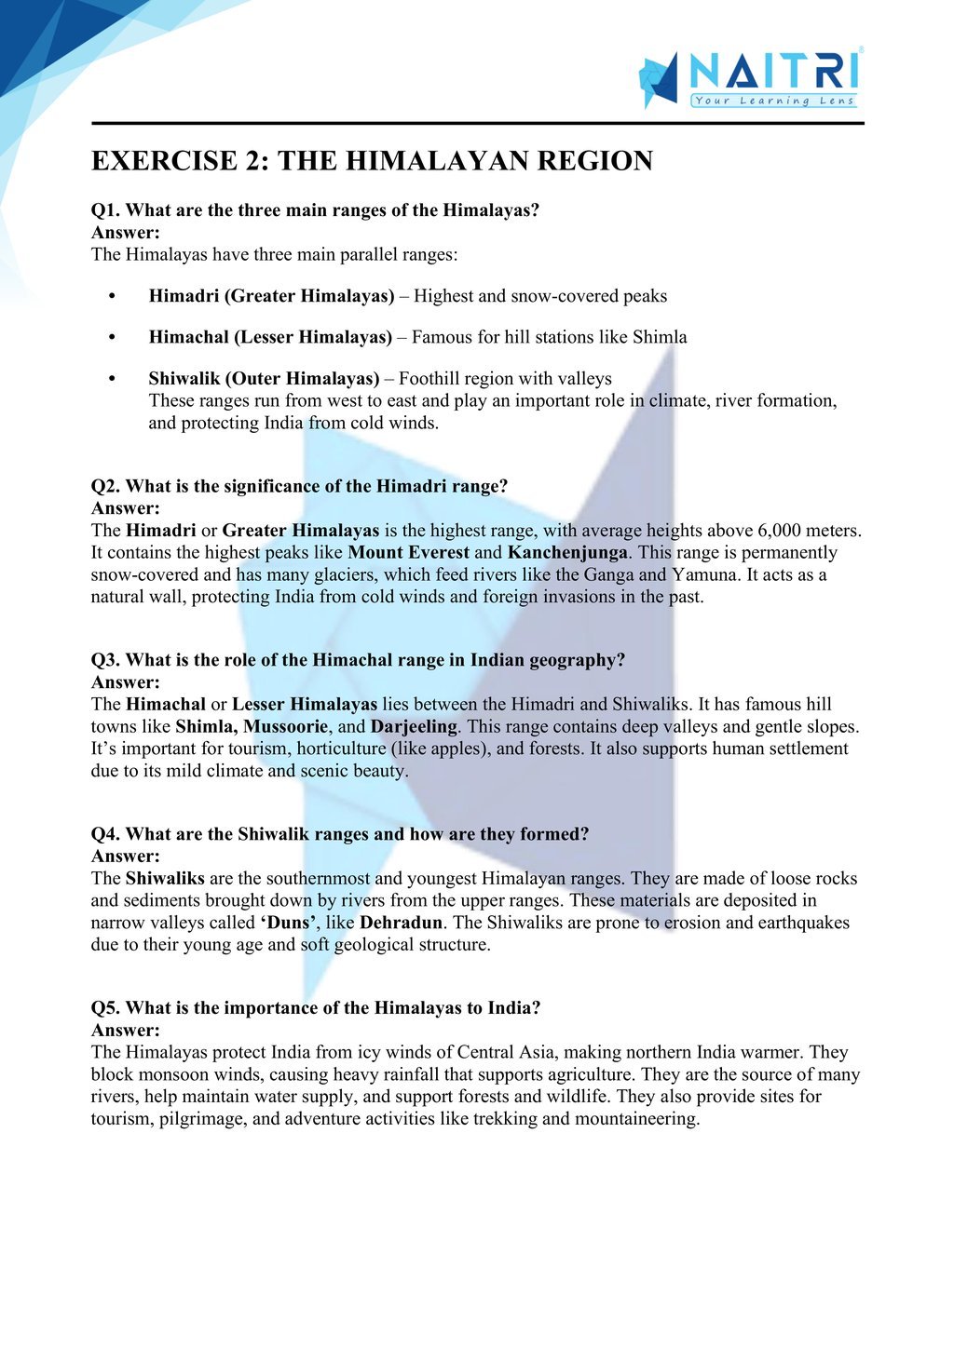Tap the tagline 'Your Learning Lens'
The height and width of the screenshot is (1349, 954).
tap(773, 101)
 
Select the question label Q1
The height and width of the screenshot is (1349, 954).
tap(105, 210)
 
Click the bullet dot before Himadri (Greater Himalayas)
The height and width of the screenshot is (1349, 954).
tap(112, 296)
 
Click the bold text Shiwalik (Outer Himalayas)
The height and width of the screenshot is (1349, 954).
tap(264, 378)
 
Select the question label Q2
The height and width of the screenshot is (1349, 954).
tap(105, 486)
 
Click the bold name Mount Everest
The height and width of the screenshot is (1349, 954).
tap(408, 553)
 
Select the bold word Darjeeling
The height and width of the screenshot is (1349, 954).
tap(414, 726)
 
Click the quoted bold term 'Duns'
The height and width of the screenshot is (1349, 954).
tap(288, 923)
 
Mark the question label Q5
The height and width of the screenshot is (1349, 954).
tap(105, 1007)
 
